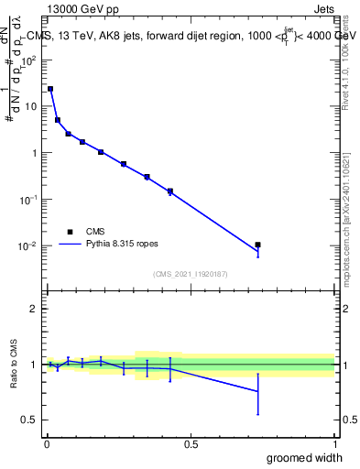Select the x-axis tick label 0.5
(x=191, y=442)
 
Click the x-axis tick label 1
(x=334, y=442)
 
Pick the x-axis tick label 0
(x=46, y=442)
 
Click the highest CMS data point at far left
(x=50, y=89)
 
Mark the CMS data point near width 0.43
(x=170, y=191)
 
